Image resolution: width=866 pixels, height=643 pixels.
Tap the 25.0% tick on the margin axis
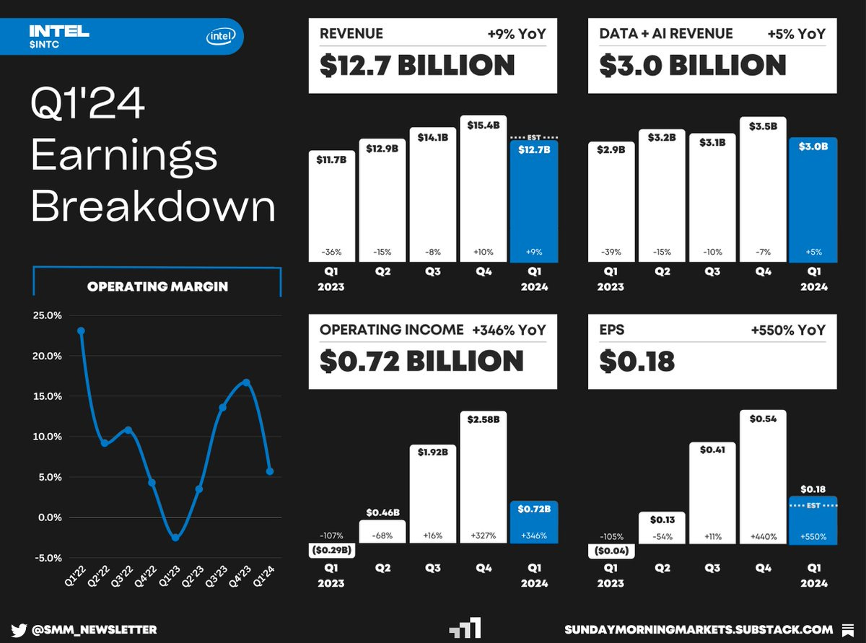[x=48, y=315]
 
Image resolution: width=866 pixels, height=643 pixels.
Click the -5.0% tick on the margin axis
[x=48, y=558]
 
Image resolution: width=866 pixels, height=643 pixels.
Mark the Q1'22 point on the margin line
[x=81, y=331]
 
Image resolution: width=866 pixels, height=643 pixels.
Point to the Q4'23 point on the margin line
[x=246, y=382]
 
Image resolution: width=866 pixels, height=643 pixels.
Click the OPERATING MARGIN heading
[x=157, y=286]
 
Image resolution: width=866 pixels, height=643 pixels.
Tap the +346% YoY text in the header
[x=509, y=330]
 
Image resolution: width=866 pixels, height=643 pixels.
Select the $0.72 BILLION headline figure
[x=421, y=361]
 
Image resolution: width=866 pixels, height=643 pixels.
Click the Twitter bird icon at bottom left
[x=19, y=629]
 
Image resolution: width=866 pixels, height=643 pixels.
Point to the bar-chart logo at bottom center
[x=464, y=628]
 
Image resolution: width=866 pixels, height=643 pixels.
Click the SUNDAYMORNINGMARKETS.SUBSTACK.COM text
[x=699, y=629]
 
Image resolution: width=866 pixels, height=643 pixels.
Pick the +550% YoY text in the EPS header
[x=788, y=330]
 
